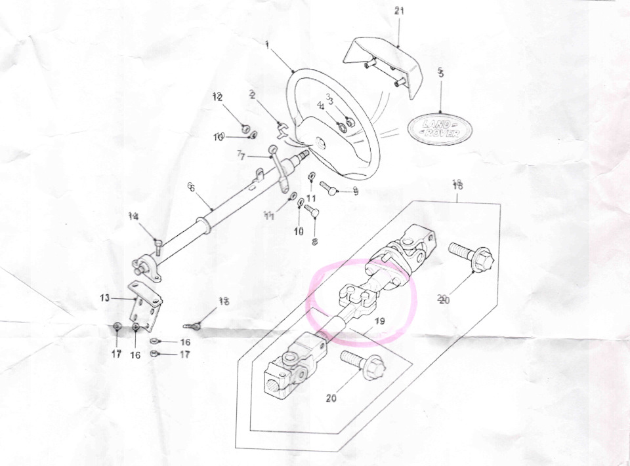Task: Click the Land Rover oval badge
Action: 440,128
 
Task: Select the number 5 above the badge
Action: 440,73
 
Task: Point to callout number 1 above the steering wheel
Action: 268,44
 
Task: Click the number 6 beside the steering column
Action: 191,188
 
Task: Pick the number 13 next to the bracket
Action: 104,298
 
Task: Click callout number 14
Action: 134,216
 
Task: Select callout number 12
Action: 217,97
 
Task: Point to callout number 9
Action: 355,191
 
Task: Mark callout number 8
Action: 314,242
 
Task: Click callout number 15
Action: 224,301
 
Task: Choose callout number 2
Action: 252,94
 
